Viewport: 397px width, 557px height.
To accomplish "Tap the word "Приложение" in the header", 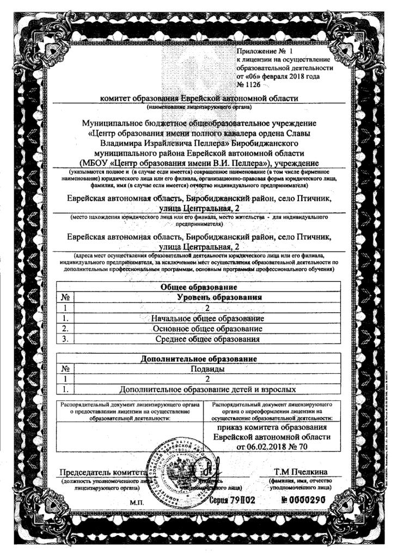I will pos(257,51).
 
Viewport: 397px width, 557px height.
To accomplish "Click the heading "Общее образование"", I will pos(200,287).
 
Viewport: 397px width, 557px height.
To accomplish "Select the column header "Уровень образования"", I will pos(220,297).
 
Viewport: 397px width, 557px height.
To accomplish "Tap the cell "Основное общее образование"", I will pos(207,329).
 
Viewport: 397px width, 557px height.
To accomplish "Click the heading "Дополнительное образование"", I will pos(199,359).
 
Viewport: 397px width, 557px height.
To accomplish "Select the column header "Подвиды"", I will pos(207,369).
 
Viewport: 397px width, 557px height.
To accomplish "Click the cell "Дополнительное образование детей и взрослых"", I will pos(207,389).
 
